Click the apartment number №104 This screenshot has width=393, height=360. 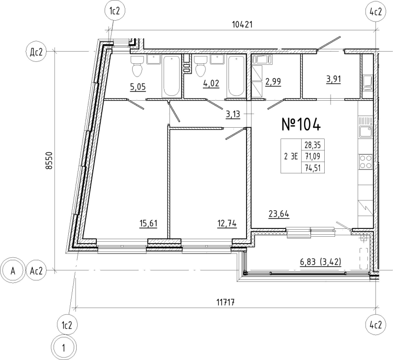[301, 125]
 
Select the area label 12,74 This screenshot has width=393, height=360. [227, 223]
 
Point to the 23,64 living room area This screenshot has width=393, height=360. [278, 214]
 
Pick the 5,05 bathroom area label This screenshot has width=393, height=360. [138, 88]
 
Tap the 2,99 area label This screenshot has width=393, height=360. [274, 82]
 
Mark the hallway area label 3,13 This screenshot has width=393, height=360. [233, 114]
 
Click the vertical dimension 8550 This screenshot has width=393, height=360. [48, 160]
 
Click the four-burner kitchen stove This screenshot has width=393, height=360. [365, 162]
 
